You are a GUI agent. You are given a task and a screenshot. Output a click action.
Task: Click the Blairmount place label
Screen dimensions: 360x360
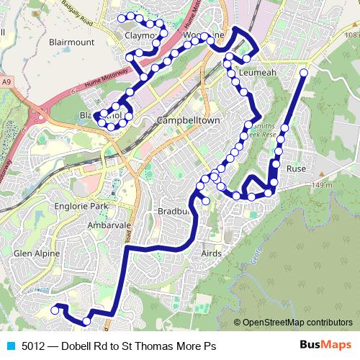tap(71, 42)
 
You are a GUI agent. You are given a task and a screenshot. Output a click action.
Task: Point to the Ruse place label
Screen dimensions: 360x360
tap(296, 168)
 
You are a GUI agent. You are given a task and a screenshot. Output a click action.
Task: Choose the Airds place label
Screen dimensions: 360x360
tap(211, 253)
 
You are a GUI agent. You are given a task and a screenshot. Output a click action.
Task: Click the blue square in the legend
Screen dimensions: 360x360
tap(11, 346)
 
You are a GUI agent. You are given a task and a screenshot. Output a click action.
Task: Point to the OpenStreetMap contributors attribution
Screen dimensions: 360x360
tap(297, 323)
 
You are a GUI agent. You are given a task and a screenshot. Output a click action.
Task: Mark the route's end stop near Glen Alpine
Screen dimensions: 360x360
tap(54, 310)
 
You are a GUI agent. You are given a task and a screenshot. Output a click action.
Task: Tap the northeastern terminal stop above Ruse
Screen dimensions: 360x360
tap(303, 73)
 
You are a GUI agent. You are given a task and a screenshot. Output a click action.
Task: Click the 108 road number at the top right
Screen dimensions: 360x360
tap(351, 35)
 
